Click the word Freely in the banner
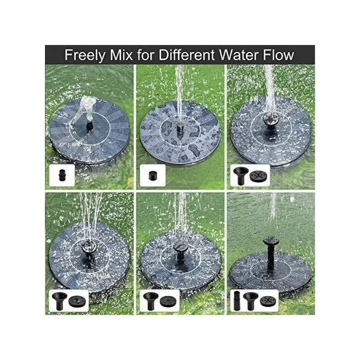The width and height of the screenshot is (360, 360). [x=85, y=55]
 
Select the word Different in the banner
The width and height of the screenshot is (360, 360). [x=187, y=55]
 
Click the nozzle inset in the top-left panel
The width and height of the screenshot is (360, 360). [x=62, y=175]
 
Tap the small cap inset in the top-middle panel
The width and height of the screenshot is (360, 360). [x=153, y=175]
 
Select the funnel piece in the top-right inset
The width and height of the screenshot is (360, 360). [x=241, y=175]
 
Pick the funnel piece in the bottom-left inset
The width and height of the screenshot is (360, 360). [x=59, y=300]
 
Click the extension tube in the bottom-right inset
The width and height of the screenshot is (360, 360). [x=237, y=300]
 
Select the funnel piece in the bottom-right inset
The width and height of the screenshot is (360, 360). [x=250, y=301]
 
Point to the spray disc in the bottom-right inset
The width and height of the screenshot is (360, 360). [x=268, y=301]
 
